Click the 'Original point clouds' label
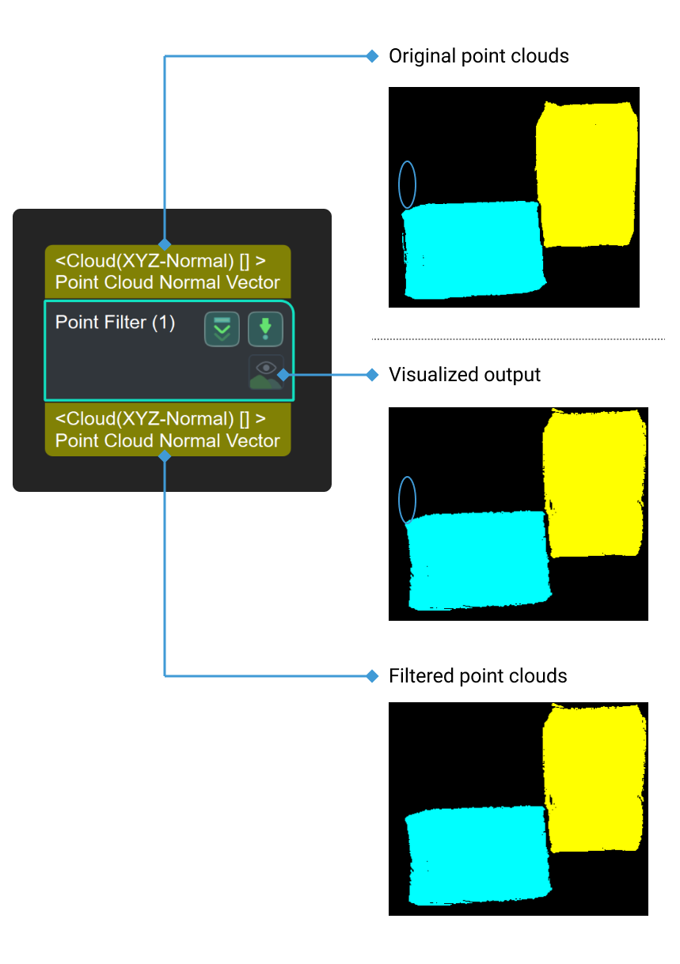(478, 56)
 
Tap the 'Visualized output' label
(464, 374)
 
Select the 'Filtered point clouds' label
(477, 676)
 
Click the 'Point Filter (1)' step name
(115, 323)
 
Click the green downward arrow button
(265, 328)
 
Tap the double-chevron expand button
(222, 328)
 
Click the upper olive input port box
(168, 271)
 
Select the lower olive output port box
(168, 429)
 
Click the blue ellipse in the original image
(407, 184)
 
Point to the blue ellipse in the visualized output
(407, 500)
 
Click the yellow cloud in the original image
(587, 173)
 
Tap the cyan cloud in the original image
(473, 249)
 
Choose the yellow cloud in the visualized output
(594, 482)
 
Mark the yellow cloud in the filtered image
(594, 779)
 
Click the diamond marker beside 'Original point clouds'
(373, 56)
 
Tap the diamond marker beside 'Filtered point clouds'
(373, 676)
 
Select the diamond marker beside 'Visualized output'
(373, 374)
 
